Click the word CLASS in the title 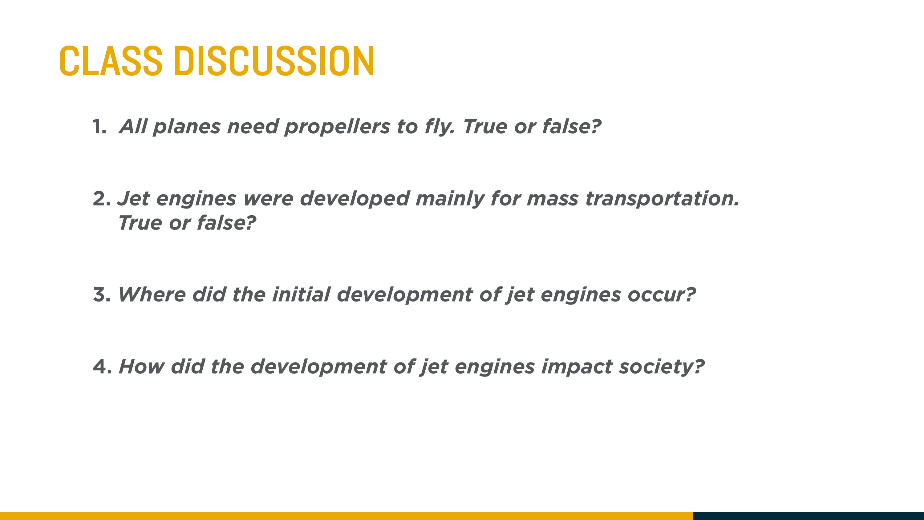pyautogui.click(x=111, y=61)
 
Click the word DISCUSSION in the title pyautogui.click(x=274, y=61)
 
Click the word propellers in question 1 pyautogui.click(x=337, y=128)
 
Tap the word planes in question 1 pyautogui.click(x=187, y=128)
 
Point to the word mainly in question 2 pyautogui.click(x=450, y=200)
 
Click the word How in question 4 pyautogui.click(x=141, y=367)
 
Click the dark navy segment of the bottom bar pyautogui.click(x=808, y=516)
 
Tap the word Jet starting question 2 pyautogui.click(x=133, y=199)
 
